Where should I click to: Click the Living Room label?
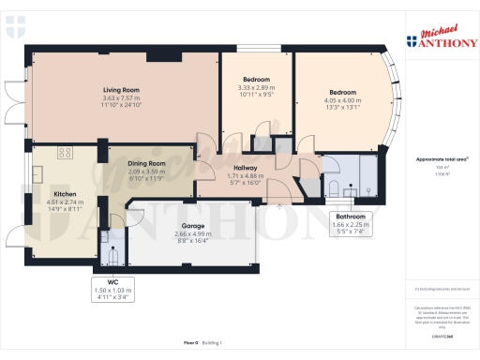[x=122, y=90]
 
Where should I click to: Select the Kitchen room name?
[x=38, y=194]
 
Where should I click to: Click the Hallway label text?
[x=247, y=169]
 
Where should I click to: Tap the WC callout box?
[x=113, y=290]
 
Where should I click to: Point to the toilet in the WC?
[x=112, y=253]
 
